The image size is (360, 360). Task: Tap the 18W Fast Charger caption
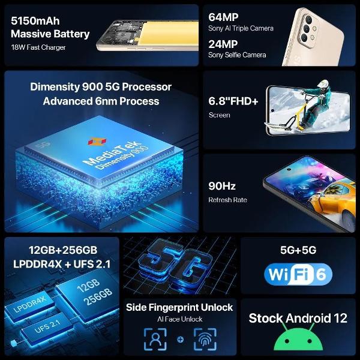(x=38, y=47)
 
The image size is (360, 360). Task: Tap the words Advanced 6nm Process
(x=101, y=101)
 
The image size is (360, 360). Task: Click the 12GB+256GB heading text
(x=62, y=250)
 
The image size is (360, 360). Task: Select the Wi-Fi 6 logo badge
(x=298, y=275)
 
